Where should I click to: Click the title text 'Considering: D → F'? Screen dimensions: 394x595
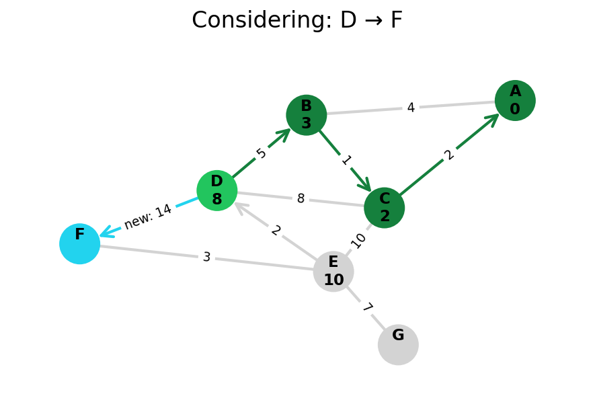coord(297,21)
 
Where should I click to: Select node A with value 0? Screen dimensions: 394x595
coord(515,100)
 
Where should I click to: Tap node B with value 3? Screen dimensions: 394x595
coord(306,115)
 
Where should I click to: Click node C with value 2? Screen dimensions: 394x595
coord(384,208)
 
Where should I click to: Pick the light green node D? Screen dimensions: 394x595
coord(216,190)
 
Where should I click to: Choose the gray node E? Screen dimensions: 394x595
coord(333,272)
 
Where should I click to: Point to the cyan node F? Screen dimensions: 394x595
coord(79,243)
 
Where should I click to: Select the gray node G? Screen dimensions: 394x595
coord(398,345)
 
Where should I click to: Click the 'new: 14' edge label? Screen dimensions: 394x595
coord(148,216)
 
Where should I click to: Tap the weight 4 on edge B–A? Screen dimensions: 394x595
coord(410,108)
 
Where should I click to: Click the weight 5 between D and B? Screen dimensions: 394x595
coord(262,153)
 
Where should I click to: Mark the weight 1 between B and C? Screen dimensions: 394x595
coord(346,160)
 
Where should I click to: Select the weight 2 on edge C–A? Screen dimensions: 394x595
coord(449,155)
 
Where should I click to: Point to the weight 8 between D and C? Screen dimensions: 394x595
coord(301,199)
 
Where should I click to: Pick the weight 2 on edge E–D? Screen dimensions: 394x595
coord(276,231)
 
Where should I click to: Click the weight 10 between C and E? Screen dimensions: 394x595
coord(358,240)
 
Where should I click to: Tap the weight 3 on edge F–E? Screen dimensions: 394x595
coord(206,258)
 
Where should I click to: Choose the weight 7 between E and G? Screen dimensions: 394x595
coord(366,308)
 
